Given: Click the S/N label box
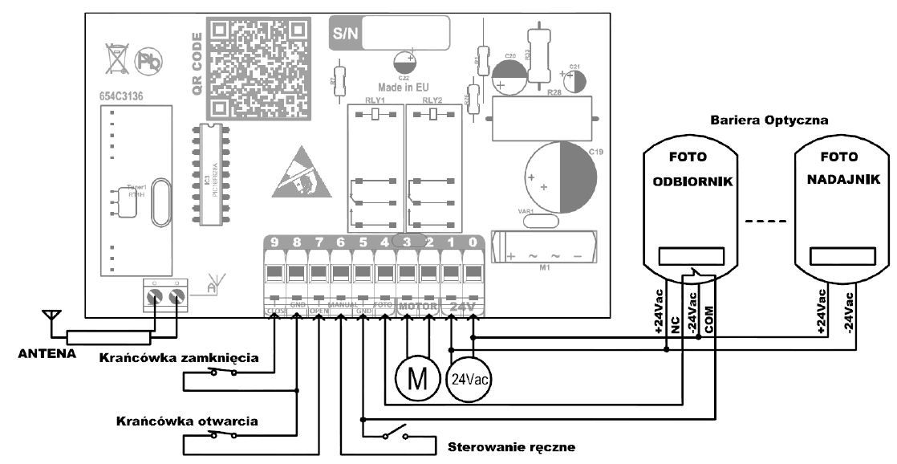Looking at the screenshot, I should pos(347,35).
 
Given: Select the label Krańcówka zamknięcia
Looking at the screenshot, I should pos(178,358).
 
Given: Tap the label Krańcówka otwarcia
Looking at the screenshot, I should pos(187,420).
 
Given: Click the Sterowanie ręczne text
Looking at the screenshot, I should pos(511,446).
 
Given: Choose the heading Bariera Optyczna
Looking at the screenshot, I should pos(769,120).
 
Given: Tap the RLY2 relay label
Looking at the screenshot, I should pos(432,100).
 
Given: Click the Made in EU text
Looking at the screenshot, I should pos(405,85).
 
